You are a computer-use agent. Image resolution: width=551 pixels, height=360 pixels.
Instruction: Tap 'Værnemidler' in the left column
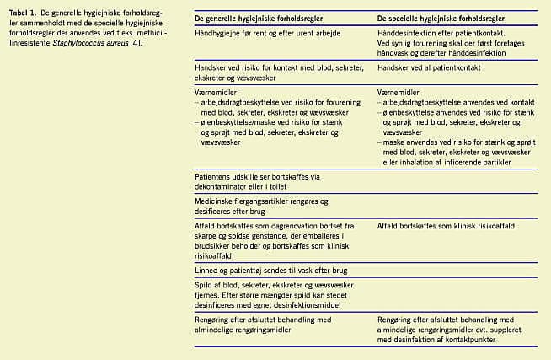[x=215, y=87]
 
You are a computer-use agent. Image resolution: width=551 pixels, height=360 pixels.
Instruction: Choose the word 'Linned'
[x=206, y=271]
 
